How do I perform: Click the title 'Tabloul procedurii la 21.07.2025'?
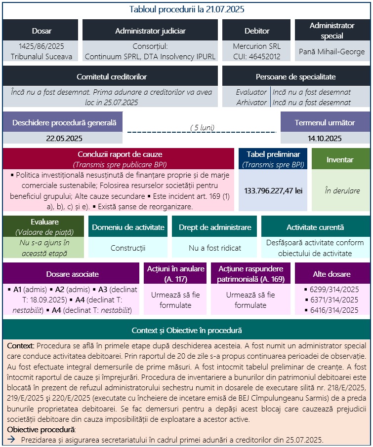pyautogui.click(x=186, y=9)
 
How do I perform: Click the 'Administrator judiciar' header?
pyautogui.click(x=150, y=31)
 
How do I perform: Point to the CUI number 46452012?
pyautogui.click(x=256, y=56)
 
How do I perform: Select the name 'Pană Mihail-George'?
pyautogui.click(x=332, y=51)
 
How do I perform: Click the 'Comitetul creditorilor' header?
pyautogui.click(x=111, y=76)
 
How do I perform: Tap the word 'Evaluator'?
pyautogui.click(x=251, y=92)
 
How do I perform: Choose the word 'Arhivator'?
pyautogui.click(x=251, y=102)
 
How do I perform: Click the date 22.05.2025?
pyautogui.click(x=64, y=138)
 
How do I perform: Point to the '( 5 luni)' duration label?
pyautogui.click(x=202, y=127)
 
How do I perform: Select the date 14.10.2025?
pyautogui.click(x=325, y=138)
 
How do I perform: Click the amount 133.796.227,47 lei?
pyautogui.click(x=273, y=190)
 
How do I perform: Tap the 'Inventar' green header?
pyautogui.click(x=340, y=160)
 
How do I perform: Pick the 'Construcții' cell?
pyautogui.click(x=127, y=248)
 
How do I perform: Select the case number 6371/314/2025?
pyautogui.click(x=334, y=300)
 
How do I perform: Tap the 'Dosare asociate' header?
pyautogui.click(x=73, y=274)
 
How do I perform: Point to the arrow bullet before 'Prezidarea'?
pyautogui.click(x=10, y=440)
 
